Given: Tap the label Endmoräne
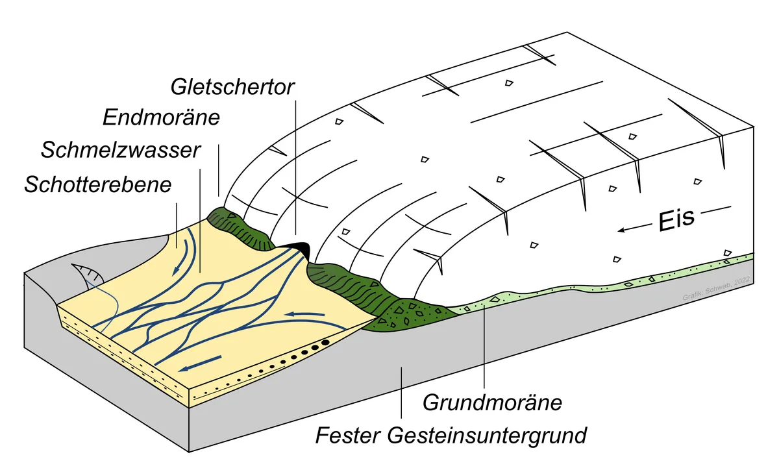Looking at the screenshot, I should point(162,117).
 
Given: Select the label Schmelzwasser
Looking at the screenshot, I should point(120,151).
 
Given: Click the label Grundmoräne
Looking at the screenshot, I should point(491,402).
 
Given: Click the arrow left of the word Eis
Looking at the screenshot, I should point(632,227).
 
